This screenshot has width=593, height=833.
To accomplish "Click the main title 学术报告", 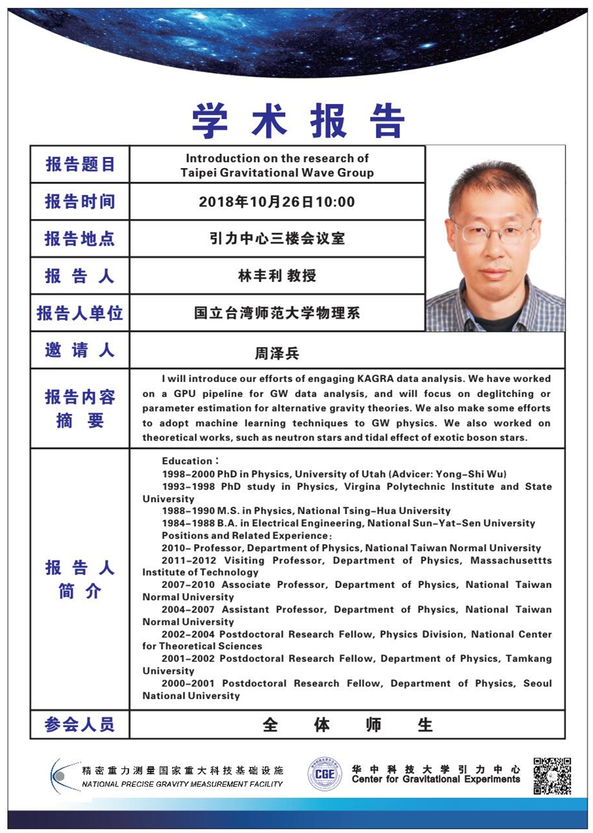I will pos(298,121).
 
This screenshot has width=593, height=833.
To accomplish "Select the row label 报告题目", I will pos(80,164).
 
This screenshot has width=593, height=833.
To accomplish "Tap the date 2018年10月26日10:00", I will pos(277,201).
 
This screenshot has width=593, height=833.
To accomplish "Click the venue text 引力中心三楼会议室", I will pos(277,239).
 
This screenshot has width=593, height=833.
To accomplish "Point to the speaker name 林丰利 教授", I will pos(277,276).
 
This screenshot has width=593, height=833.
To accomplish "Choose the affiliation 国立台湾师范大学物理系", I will pos(277,313).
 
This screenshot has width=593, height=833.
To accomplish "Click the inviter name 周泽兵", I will pos(277,354).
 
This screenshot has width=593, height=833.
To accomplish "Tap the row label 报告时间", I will pos(80,201).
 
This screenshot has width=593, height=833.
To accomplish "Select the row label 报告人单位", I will pos(80,313).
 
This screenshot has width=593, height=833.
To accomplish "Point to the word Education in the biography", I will pos(187,462).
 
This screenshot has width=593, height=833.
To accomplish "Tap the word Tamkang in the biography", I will pos(528,658).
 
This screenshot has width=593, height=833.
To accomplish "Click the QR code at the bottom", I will pos(552,775).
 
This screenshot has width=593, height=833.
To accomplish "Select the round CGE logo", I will pos(324,775).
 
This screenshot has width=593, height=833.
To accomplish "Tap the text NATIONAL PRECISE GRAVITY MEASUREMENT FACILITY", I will pos(182,784).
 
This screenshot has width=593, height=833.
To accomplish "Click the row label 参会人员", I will pos(80,724).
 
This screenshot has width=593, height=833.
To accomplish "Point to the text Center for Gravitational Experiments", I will pos(435,779).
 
